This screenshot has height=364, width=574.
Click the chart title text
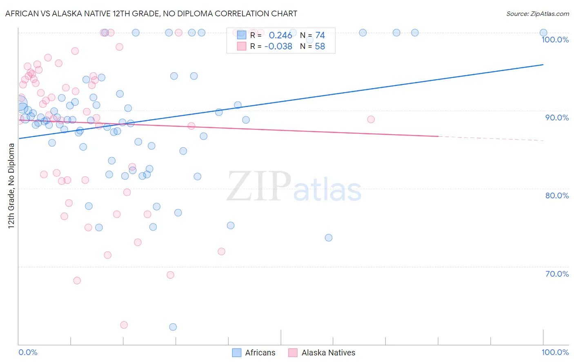(151, 13)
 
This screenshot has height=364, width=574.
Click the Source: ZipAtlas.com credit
(537, 13)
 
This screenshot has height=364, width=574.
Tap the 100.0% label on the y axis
(555, 40)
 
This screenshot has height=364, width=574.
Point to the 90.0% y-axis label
(557, 118)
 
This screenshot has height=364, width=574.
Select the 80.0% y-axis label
(557, 195)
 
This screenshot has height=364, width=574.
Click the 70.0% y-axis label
(557, 274)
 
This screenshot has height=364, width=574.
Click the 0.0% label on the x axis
(28, 352)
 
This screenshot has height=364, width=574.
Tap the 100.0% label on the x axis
(555, 352)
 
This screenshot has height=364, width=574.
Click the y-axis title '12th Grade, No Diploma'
(11, 186)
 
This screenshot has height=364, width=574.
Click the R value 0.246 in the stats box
(280, 36)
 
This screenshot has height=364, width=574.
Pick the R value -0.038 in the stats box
(278, 47)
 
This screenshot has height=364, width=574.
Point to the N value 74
(320, 36)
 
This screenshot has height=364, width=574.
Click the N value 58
(320, 47)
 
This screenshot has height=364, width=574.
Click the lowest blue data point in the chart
(173, 327)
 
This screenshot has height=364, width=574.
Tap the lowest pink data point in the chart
(124, 325)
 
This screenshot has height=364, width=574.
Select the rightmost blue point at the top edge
(543, 33)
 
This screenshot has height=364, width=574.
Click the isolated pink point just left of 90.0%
(371, 120)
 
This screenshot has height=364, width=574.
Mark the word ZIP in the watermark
(258, 186)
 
